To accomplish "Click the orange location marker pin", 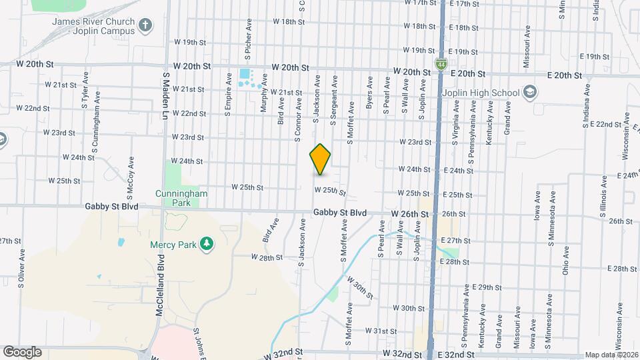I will coord(321,159).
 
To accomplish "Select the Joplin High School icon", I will coord(530,92).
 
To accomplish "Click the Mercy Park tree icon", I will coord(207,245).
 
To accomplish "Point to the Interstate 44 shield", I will coord(441,64).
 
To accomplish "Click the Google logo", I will coord(22,352).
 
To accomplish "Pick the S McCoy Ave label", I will coord(131,173).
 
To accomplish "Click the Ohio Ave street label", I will coord(565,261).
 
